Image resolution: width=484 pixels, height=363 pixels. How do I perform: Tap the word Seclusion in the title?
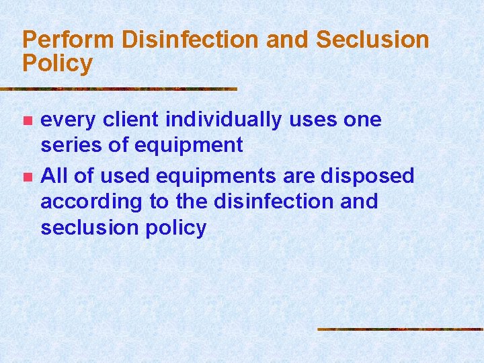click(372, 40)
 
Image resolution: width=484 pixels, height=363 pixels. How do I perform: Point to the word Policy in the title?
click(57, 64)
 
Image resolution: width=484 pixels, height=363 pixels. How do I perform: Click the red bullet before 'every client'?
click(27, 121)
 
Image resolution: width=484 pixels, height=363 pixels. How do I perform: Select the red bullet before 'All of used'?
click(27, 177)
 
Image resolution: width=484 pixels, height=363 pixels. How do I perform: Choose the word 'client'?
click(133, 120)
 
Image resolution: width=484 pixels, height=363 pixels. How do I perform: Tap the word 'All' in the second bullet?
click(54, 175)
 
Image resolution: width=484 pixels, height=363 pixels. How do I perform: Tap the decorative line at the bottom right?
click(400, 329)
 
